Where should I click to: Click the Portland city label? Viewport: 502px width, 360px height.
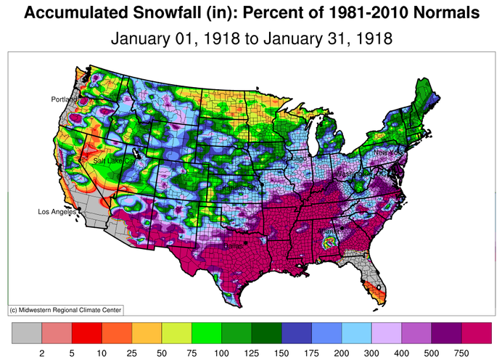[x=64, y=99]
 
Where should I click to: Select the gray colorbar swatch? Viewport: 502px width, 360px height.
[x=27, y=333]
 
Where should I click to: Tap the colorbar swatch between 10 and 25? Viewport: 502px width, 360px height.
[x=117, y=333]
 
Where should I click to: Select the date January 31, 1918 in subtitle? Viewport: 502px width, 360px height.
[x=329, y=38]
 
